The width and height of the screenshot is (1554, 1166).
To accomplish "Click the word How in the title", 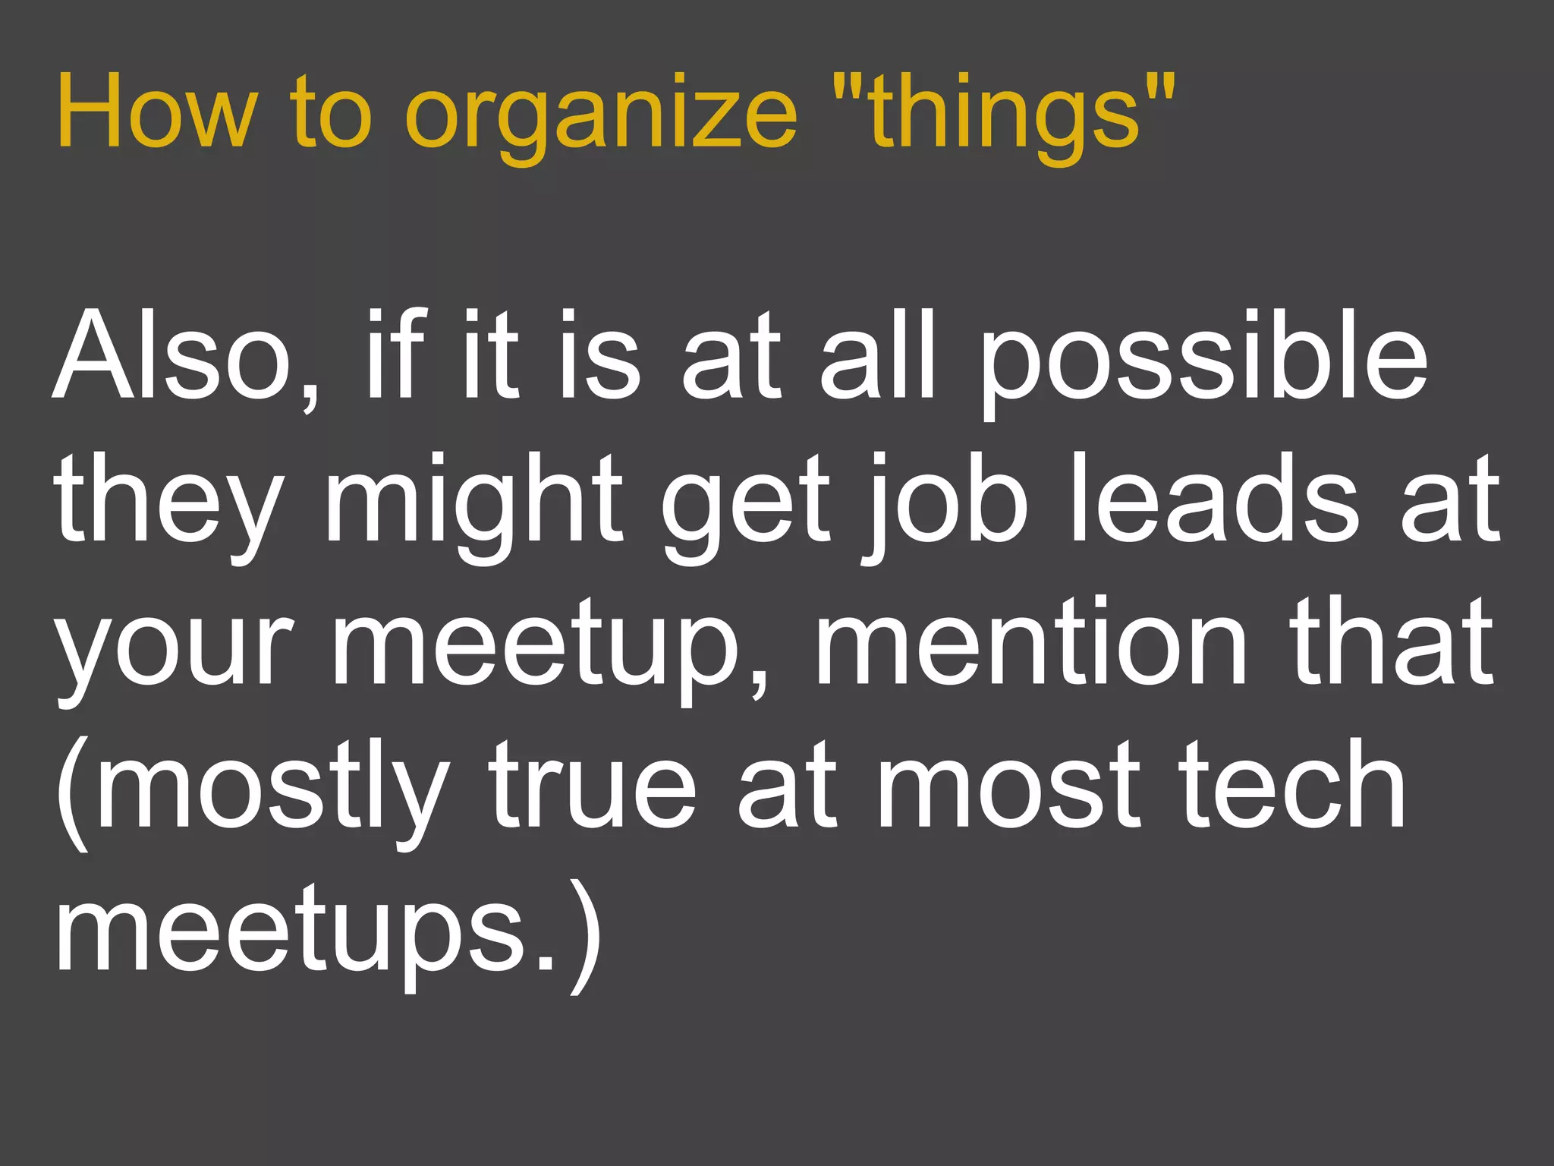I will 156,112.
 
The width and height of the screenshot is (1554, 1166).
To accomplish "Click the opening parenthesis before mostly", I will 72,793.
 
